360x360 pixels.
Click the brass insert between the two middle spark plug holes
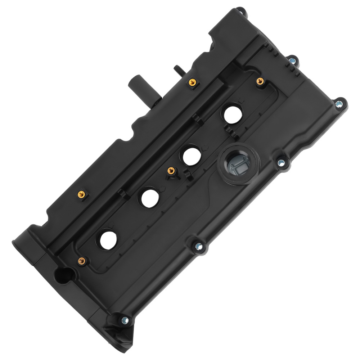[171, 170]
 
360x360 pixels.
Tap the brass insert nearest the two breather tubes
[192, 83]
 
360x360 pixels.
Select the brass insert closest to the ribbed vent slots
[259, 81]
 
